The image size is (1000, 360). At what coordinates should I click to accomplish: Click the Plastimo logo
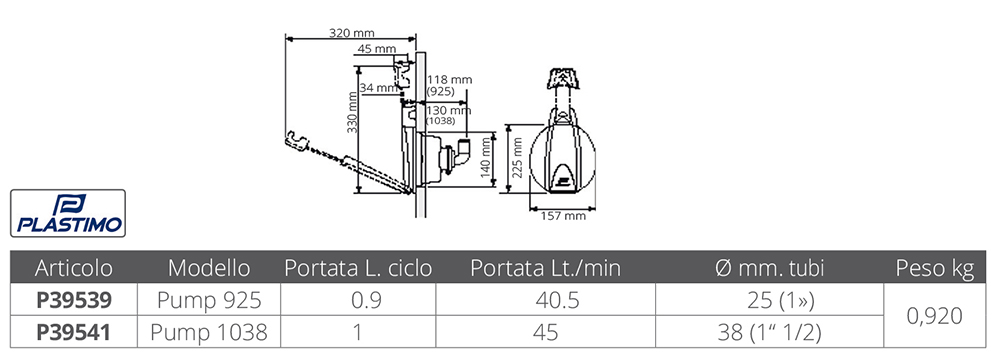pos(68,213)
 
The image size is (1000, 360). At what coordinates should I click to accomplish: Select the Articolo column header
pos(73,268)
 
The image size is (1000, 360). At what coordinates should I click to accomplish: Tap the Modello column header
pos(209,268)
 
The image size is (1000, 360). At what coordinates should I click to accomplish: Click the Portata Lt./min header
pos(545,268)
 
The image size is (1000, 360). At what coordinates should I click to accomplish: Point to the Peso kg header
pos(935,268)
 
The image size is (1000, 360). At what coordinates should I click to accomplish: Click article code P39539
pos(73,300)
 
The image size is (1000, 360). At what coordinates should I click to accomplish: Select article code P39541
pos(73,333)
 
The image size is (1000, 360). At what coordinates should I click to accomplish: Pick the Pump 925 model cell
pos(209,300)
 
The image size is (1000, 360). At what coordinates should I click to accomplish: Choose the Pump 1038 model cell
pos(209,333)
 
